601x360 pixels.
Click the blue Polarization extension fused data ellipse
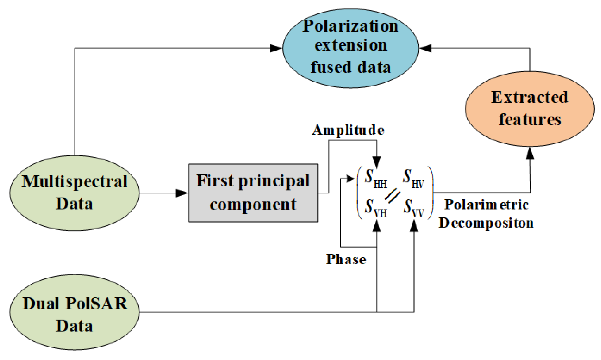click(x=350, y=48)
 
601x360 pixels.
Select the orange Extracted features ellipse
click(x=529, y=109)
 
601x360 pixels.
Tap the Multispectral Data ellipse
click(x=75, y=193)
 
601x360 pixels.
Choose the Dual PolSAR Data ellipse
click(x=75, y=312)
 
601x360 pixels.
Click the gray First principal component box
click(x=253, y=193)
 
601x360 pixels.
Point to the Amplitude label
click(x=348, y=130)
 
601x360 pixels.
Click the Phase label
click(x=346, y=259)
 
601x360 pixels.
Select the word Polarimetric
click(x=486, y=205)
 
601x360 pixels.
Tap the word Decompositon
click(x=486, y=223)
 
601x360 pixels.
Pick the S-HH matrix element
click(x=375, y=179)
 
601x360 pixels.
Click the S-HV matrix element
click(x=413, y=179)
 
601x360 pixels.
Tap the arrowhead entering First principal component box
click(x=182, y=193)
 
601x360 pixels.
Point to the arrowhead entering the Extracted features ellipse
click(x=530, y=153)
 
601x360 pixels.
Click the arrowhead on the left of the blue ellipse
click(x=276, y=48)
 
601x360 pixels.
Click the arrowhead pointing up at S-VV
click(x=414, y=226)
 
